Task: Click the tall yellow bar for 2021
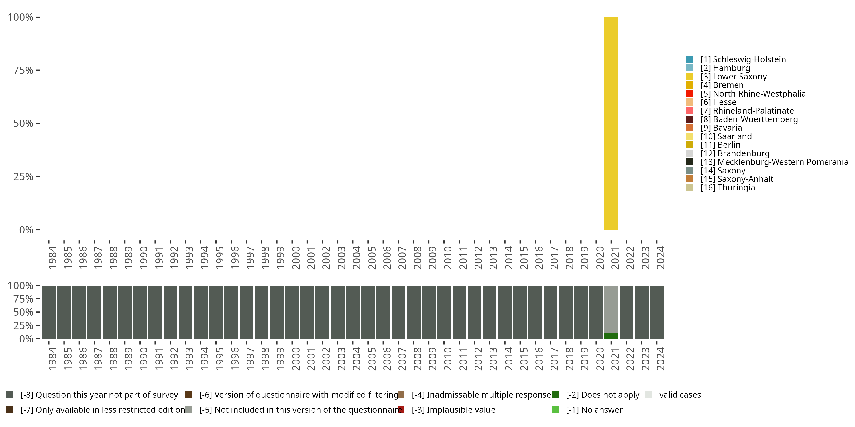click(x=611, y=123)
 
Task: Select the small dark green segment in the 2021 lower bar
click(x=611, y=336)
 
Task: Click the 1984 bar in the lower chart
click(x=48, y=312)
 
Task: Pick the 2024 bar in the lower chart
click(x=657, y=312)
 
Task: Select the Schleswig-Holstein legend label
click(x=743, y=59)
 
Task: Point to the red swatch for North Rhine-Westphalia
click(x=690, y=93)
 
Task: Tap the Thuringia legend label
click(x=728, y=188)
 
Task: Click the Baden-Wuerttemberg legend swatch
click(x=690, y=119)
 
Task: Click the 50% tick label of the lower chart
click(x=23, y=312)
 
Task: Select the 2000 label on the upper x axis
click(x=295, y=258)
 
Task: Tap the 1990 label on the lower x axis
click(x=143, y=359)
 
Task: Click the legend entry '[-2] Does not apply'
click(x=602, y=395)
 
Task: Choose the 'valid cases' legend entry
click(x=680, y=395)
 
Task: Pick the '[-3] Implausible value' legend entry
click(x=453, y=410)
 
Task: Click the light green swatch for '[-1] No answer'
click(x=555, y=410)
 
